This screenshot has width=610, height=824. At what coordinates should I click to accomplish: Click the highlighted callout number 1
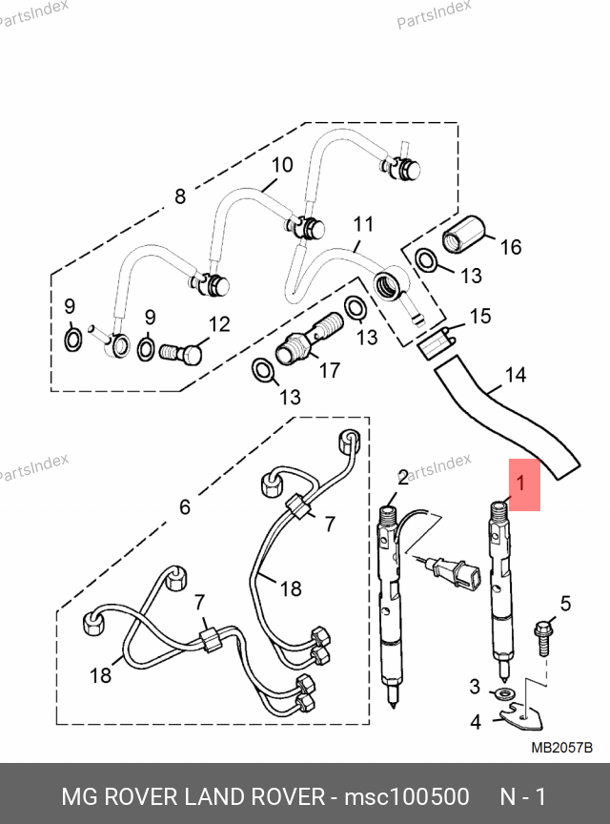pyautogui.click(x=520, y=484)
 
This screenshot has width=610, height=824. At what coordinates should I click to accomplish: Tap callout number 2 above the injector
pyautogui.click(x=402, y=476)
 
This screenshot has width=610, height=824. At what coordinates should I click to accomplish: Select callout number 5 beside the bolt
pyautogui.click(x=564, y=603)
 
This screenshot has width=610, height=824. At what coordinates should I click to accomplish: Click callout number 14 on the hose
pyautogui.click(x=515, y=375)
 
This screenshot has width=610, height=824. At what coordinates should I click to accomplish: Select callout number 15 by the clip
pyautogui.click(x=480, y=316)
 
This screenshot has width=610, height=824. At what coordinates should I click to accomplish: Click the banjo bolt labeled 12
pyautogui.click(x=182, y=354)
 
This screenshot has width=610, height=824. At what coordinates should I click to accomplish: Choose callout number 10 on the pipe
pyautogui.click(x=281, y=165)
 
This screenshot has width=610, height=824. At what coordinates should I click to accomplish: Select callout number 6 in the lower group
pyautogui.click(x=185, y=506)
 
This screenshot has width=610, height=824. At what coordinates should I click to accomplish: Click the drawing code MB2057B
pyautogui.click(x=561, y=749)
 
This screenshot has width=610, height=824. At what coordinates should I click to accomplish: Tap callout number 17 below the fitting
pyautogui.click(x=330, y=370)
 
